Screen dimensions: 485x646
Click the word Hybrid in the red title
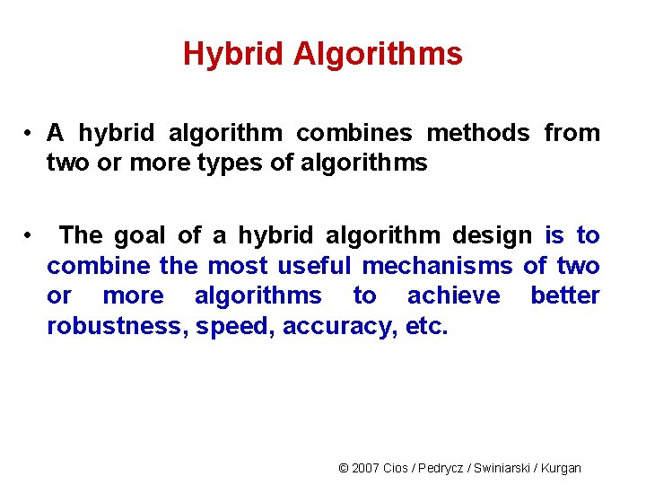pos(234,55)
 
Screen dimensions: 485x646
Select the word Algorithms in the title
pos(378,55)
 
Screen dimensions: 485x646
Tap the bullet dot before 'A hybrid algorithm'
pos(30,133)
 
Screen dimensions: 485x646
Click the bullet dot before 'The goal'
pos(30,235)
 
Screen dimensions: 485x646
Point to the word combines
pos(354,134)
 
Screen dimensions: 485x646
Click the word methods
pos(478,134)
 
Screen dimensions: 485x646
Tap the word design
pos(492,236)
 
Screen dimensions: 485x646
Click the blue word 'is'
pos(554,236)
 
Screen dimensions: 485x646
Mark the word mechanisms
pos(437,267)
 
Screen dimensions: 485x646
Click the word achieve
pos(453,296)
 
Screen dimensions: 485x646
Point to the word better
pos(564,296)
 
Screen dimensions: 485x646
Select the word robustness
pos(115,327)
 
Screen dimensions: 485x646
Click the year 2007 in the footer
pos(366,468)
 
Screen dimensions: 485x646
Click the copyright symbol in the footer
pos(344,468)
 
